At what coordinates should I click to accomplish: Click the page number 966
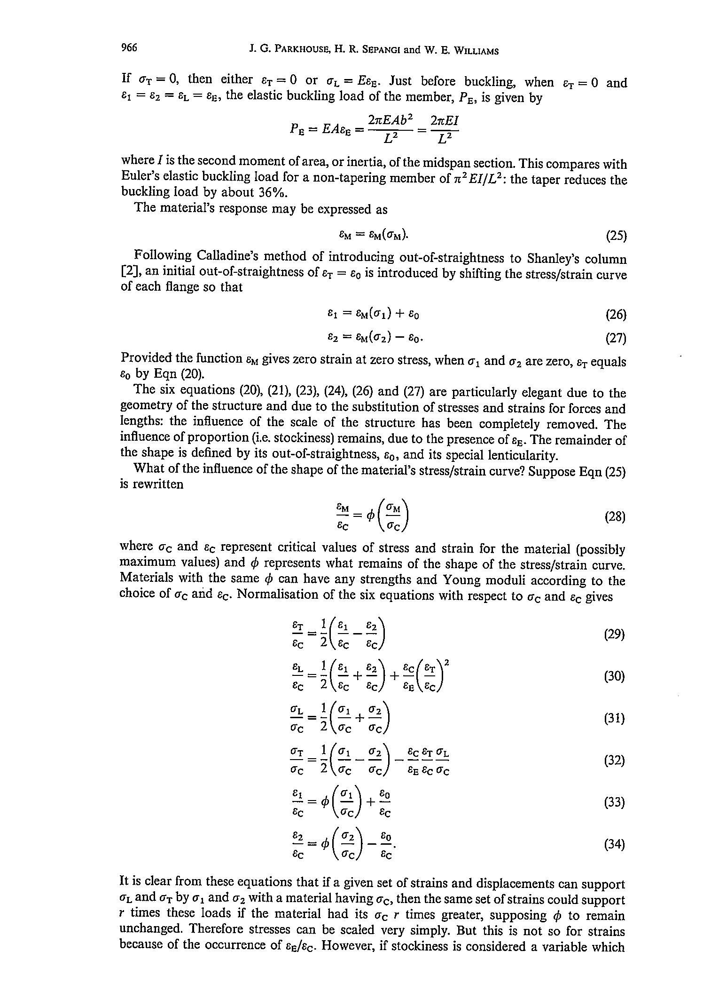pyautogui.click(x=129, y=48)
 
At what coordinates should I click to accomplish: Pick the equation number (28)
pyautogui.click(x=615, y=517)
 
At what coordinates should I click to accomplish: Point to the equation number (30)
pyautogui.click(x=614, y=676)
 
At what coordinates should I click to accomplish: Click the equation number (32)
pyautogui.click(x=614, y=761)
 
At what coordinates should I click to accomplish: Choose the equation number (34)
pyautogui.click(x=614, y=845)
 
